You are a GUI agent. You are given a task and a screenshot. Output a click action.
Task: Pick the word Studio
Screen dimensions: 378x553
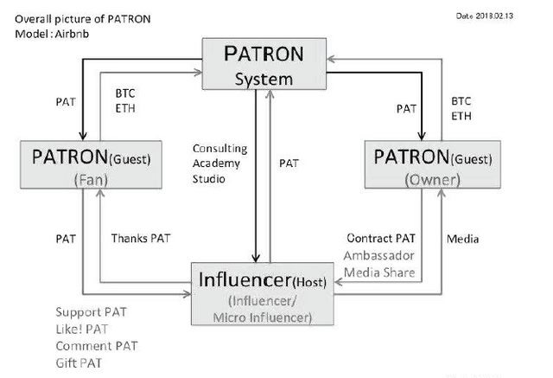click(208, 179)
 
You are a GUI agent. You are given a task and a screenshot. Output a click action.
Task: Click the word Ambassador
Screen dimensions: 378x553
click(378, 255)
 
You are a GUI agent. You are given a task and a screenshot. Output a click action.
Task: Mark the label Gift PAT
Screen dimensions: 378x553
click(77, 362)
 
